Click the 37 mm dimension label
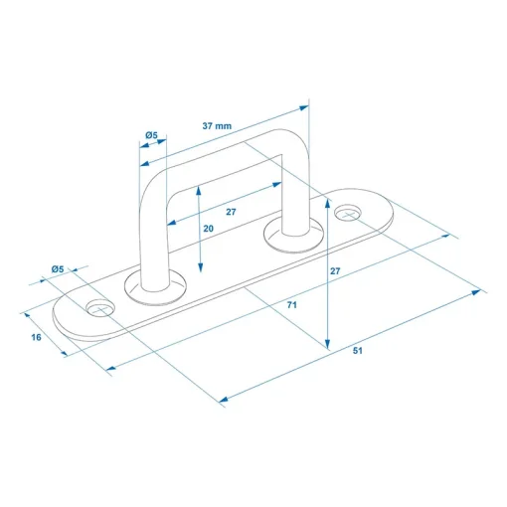pyautogui.click(x=217, y=126)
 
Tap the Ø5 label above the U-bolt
pyautogui.click(x=151, y=135)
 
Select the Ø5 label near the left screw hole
pyautogui.click(x=58, y=269)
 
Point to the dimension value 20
pyautogui.click(x=209, y=229)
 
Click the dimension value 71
pyautogui.click(x=292, y=305)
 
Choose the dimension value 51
pyautogui.click(x=358, y=351)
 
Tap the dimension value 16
pyautogui.click(x=36, y=337)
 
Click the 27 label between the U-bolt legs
pyautogui.click(x=231, y=212)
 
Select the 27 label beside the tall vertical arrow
pyautogui.click(x=335, y=271)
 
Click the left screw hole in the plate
pyautogui.click(x=100, y=308)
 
